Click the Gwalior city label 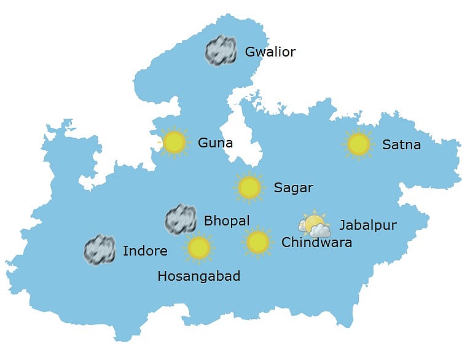pyautogui.click(x=270, y=52)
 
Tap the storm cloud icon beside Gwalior pyautogui.click(x=221, y=50)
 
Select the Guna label pyautogui.click(x=215, y=143)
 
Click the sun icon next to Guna pyautogui.click(x=174, y=143)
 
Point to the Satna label pyautogui.click(x=401, y=145)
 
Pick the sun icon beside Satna pyautogui.click(x=358, y=144)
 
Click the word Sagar pyautogui.click(x=293, y=188)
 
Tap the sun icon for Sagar pyautogui.click(x=249, y=187)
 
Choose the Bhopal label pyautogui.click(x=227, y=221)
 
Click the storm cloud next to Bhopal pyautogui.click(x=181, y=219)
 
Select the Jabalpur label pyautogui.click(x=368, y=225)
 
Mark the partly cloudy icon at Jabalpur pyautogui.click(x=315, y=225)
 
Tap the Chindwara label pyautogui.click(x=316, y=243)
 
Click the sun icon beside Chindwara pyautogui.click(x=258, y=241)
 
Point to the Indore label pyautogui.click(x=145, y=251)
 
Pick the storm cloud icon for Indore pyautogui.click(x=99, y=249)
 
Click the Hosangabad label pyautogui.click(x=198, y=276)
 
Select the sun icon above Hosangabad pyautogui.click(x=199, y=248)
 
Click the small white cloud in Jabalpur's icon pyautogui.click(x=320, y=231)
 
